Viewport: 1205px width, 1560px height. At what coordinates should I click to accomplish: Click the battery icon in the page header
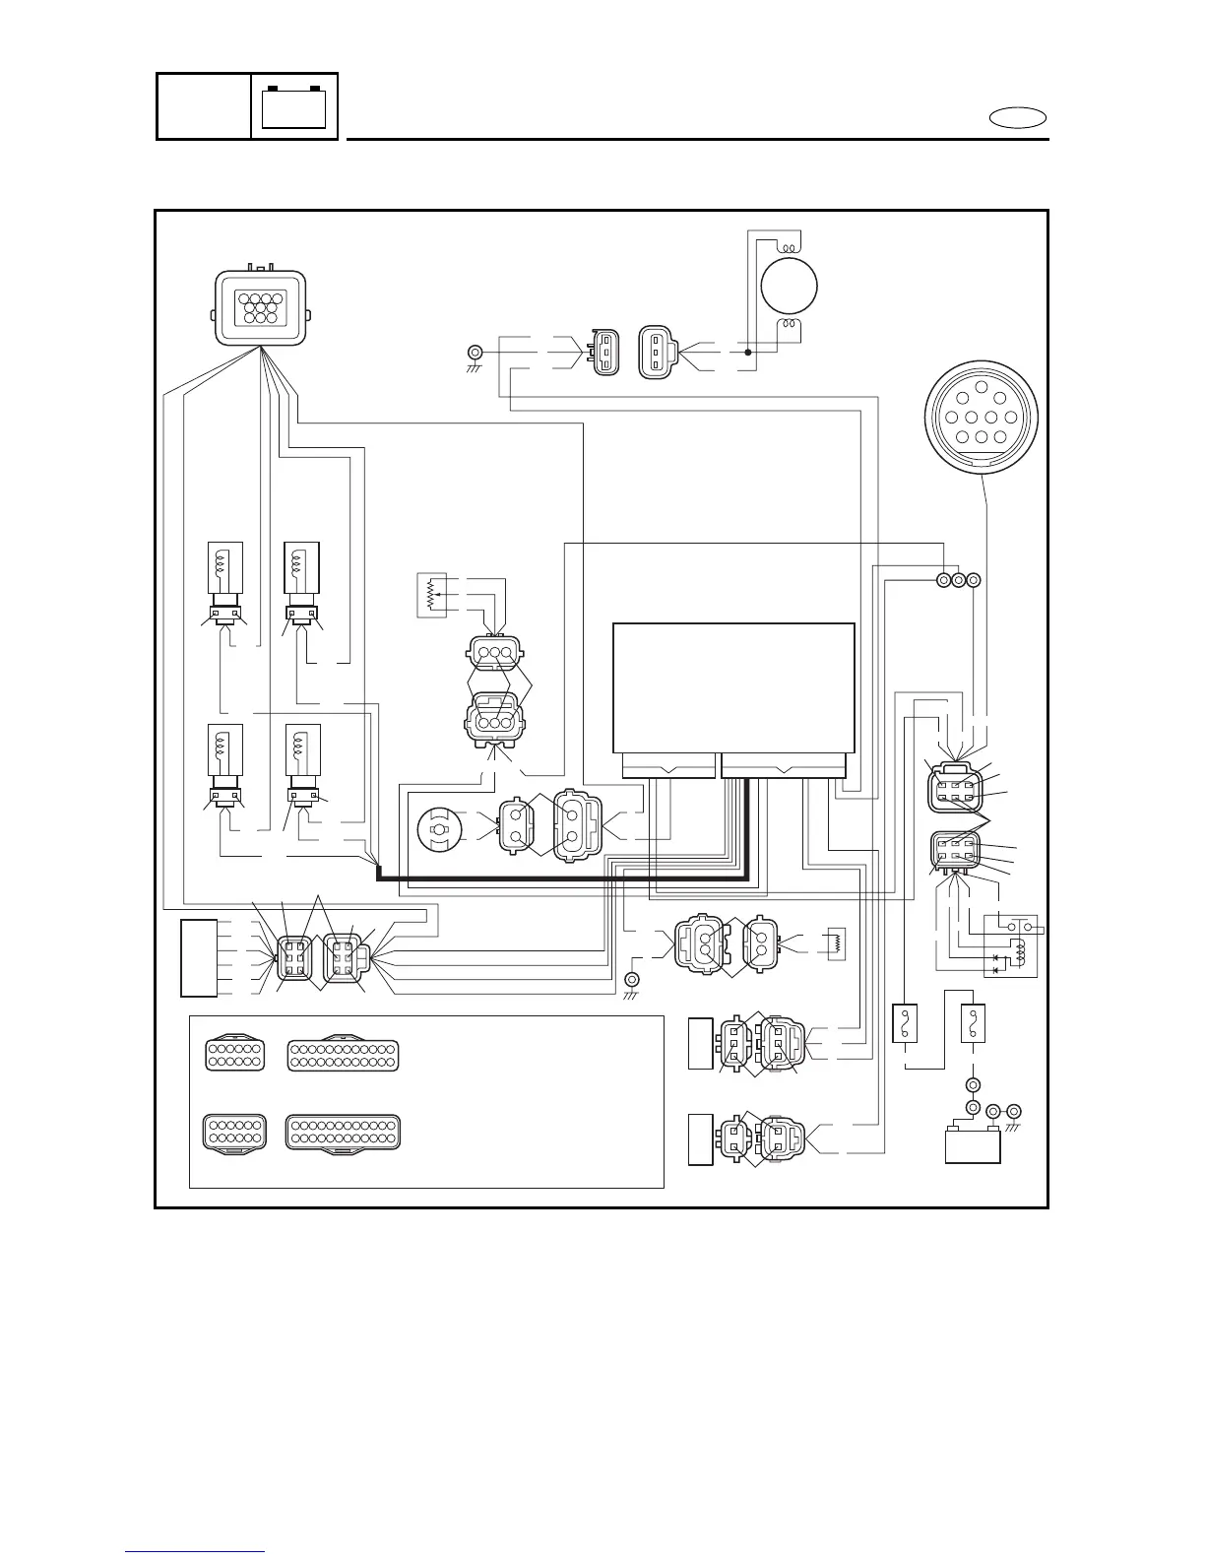(x=294, y=106)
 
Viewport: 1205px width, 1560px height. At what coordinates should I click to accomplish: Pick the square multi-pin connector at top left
(x=261, y=308)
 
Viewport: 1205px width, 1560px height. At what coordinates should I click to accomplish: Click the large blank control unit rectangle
(x=733, y=687)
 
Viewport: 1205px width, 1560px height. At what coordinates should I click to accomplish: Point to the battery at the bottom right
(x=973, y=1144)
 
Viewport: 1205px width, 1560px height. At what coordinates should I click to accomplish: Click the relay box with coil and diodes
(x=1010, y=945)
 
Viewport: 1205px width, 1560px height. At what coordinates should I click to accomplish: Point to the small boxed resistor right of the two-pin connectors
(x=838, y=943)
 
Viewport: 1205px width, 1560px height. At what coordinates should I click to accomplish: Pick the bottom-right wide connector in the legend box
(x=343, y=1133)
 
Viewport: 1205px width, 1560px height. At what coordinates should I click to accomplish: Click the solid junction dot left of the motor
(x=747, y=352)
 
